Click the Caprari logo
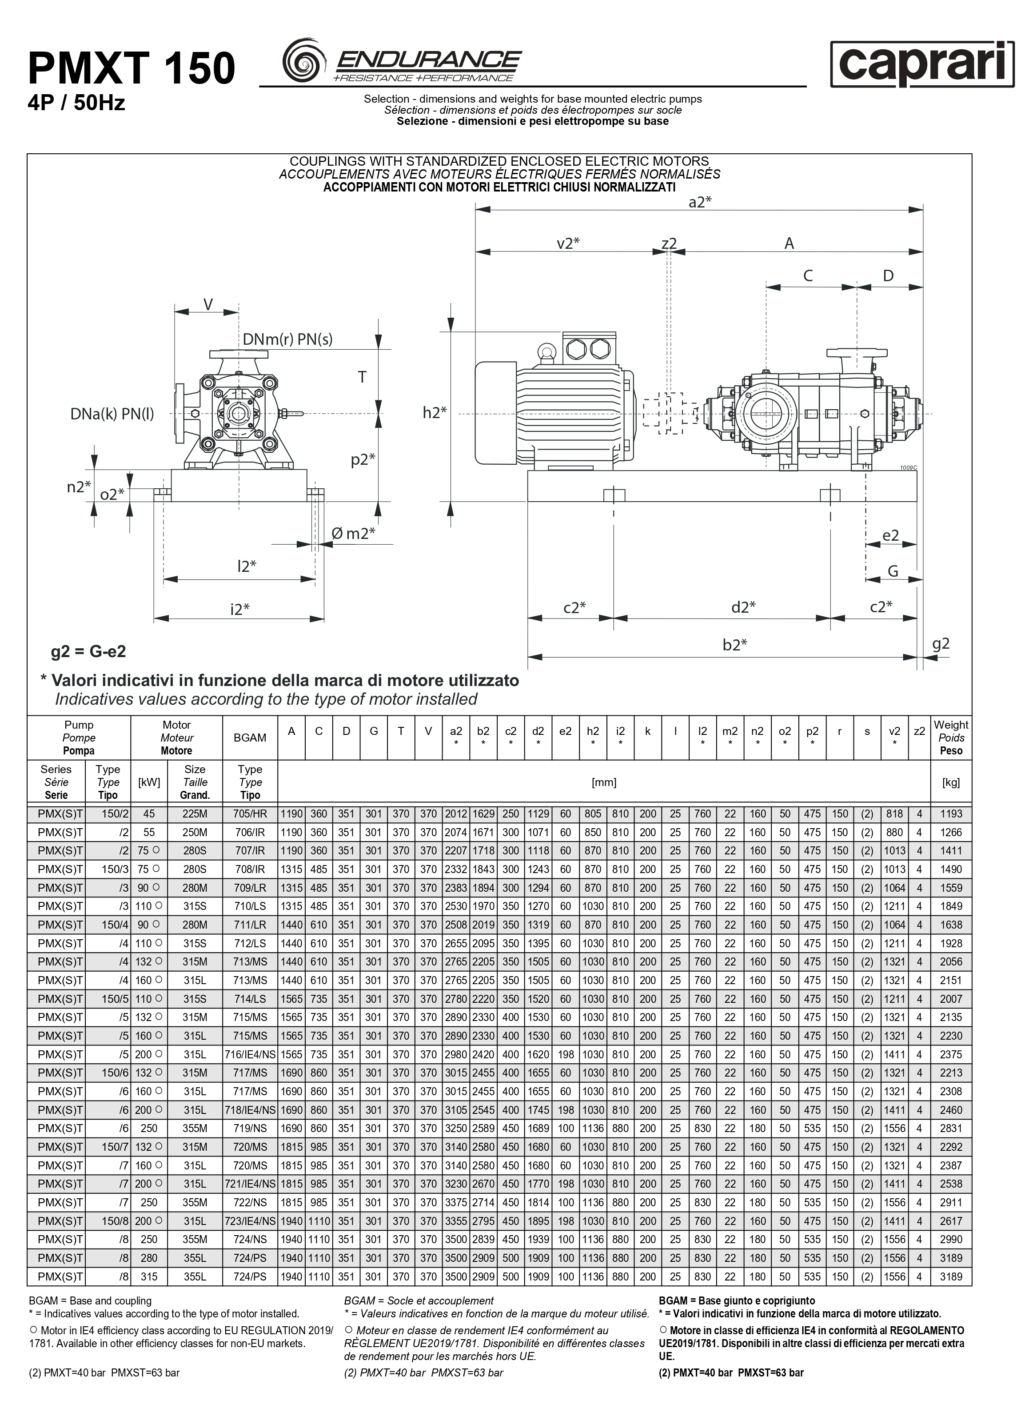click(922, 64)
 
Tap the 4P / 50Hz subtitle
click(76, 102)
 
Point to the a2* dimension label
click(699, 202)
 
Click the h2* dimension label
click(435, 412)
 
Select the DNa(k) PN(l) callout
click(112, 414)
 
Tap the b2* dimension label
click(735, 645)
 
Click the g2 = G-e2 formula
click(88, 652)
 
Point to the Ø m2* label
click(353, 534)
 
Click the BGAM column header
click(250, 738)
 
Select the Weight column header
click(951, 738)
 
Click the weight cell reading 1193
click(951, 814)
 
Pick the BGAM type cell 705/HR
click(250, 814)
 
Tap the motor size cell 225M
click(195, 814)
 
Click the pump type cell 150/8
click(115, 1221)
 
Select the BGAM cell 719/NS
click(250, 1128)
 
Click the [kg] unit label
click(951, 782)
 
